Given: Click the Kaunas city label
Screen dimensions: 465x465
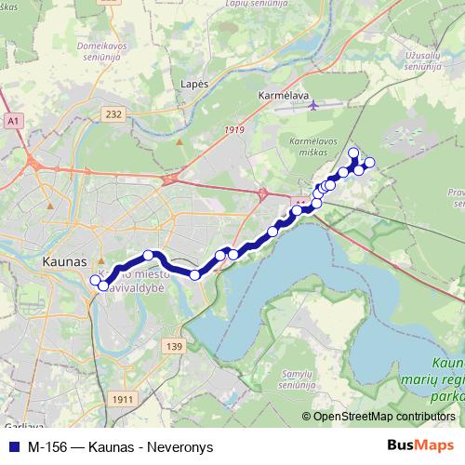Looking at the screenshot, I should point(64,263).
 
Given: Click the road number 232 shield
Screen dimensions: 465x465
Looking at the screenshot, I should point(113,114).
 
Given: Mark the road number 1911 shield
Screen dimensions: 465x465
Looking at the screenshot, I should point(121,399).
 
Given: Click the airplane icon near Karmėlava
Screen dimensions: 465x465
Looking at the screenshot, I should point(313,105).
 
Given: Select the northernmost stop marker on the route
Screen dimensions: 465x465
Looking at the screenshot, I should point(352,153).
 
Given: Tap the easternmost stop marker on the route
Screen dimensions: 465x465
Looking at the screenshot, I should point(369,163).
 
